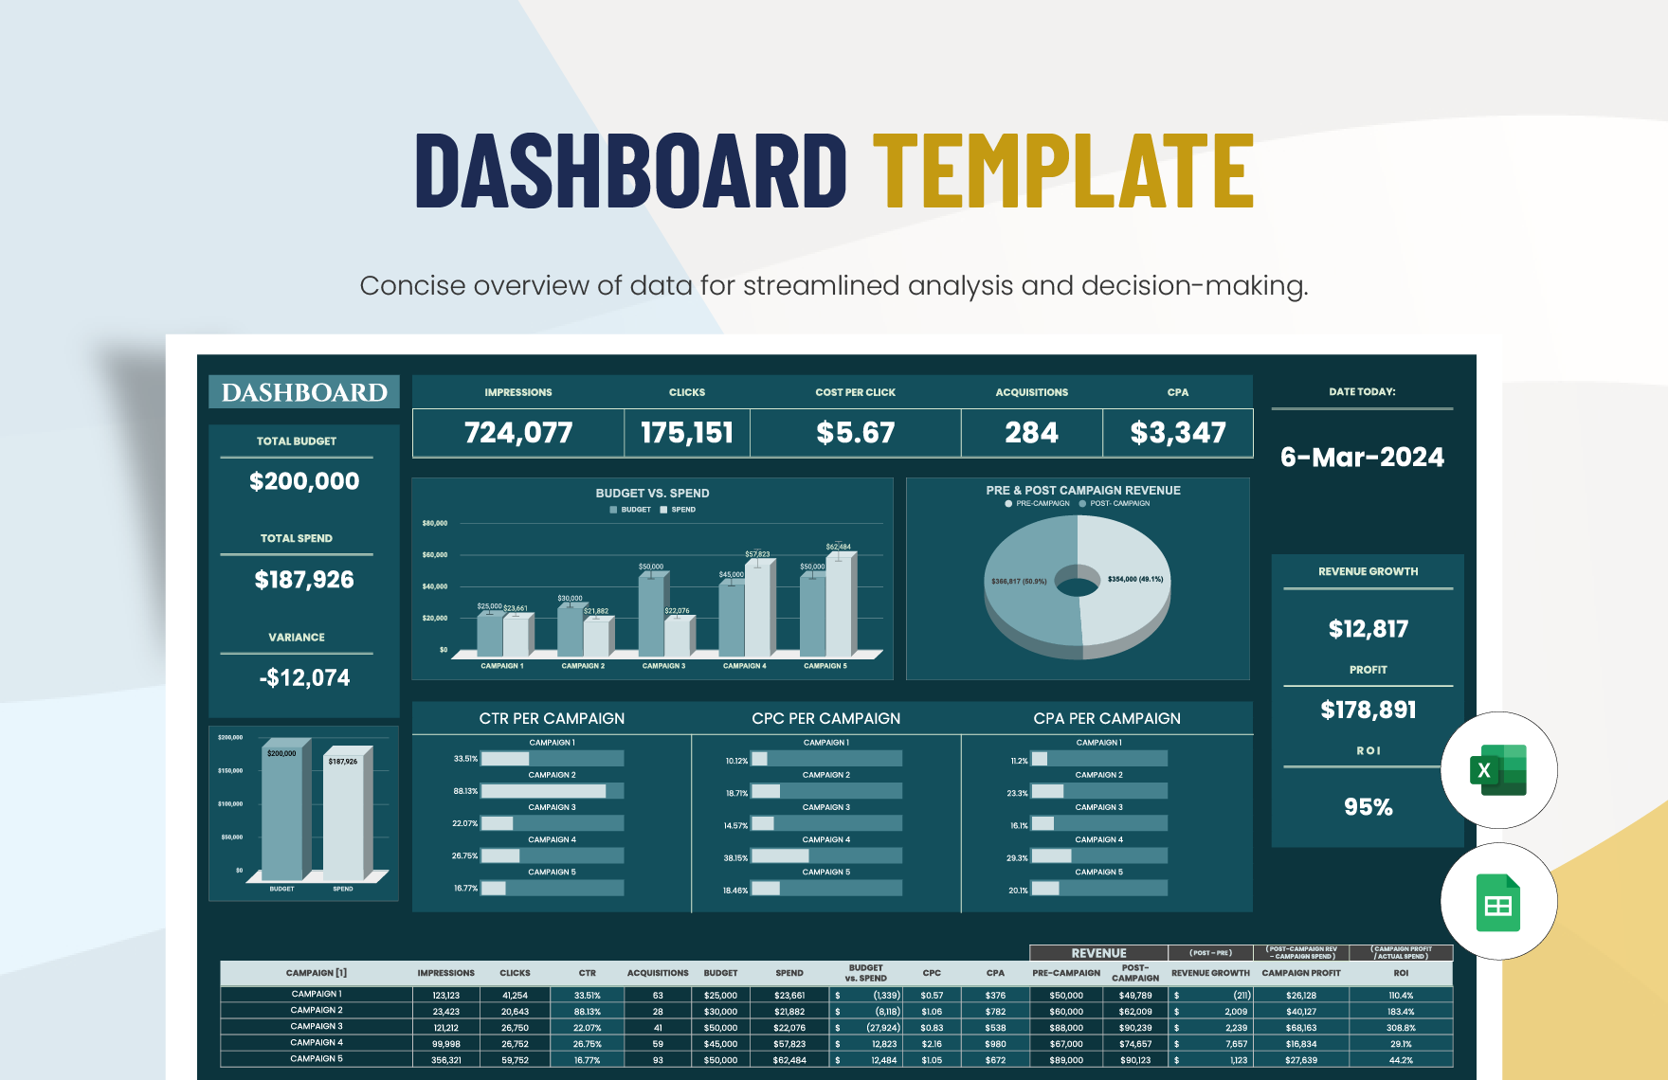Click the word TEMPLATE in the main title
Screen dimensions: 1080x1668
1063,171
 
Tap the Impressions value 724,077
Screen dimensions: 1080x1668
518,433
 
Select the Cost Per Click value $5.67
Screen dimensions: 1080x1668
855,433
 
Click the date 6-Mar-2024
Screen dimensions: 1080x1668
1362,458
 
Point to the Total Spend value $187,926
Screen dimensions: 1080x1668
304,580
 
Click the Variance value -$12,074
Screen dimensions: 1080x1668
304,678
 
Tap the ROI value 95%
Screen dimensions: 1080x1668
1368,807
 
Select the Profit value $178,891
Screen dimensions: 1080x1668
1368,710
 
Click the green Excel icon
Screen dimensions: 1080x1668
1497,770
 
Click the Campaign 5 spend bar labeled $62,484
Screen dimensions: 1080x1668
839,606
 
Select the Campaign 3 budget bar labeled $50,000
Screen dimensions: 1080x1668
651,616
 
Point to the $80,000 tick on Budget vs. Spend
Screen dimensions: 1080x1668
435,523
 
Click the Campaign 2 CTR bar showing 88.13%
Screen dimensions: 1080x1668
544,791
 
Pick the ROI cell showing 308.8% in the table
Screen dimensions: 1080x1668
1400,1028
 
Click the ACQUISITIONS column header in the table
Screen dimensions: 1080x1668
658,973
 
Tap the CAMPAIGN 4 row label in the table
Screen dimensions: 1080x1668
317,1043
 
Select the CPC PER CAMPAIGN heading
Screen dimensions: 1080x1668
825,719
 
